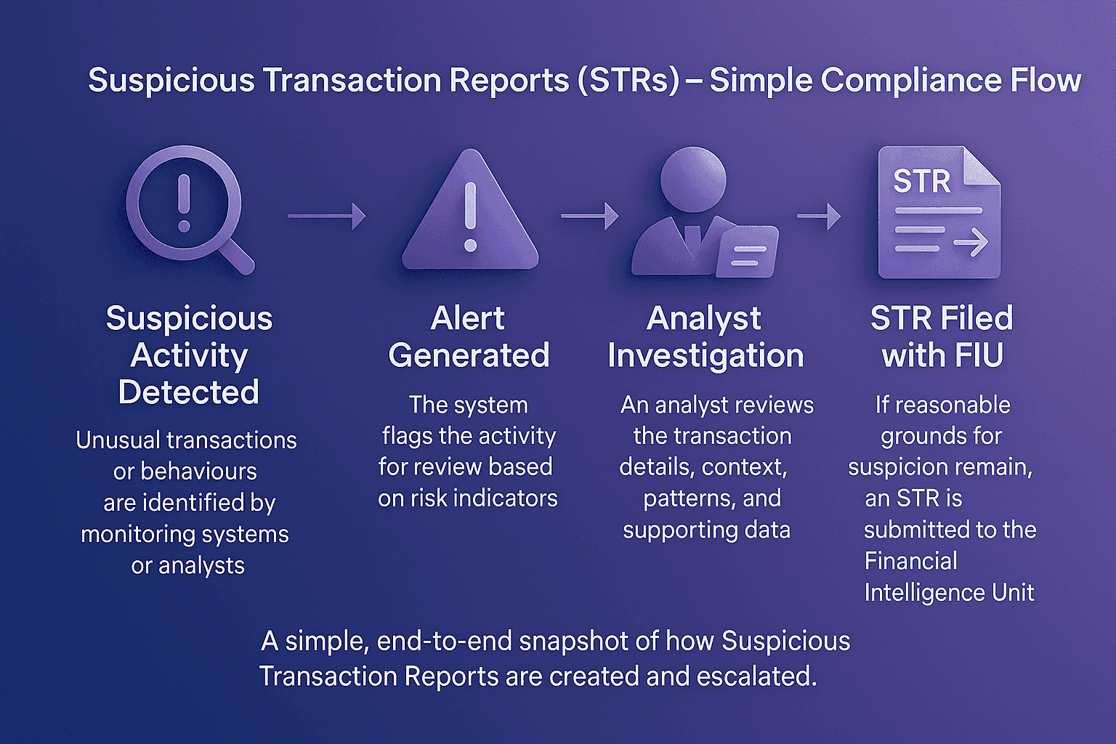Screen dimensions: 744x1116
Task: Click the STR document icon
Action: tap(939, 212)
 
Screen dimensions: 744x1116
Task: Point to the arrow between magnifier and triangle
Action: tap(327, 216)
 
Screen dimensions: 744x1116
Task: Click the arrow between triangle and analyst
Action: tap(589, 216)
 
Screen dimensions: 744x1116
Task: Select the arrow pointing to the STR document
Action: tap(819, 216)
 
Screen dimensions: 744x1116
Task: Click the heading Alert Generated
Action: tap(469, 336)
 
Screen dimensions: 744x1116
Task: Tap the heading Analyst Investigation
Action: tap(705, 336)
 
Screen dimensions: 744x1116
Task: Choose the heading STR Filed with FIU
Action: tap(942, 336)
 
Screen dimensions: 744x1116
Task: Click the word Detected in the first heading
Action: tap(188, 392)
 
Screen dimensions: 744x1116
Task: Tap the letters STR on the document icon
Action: tap(921, 181)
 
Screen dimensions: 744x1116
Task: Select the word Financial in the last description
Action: tap(910, 561)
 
